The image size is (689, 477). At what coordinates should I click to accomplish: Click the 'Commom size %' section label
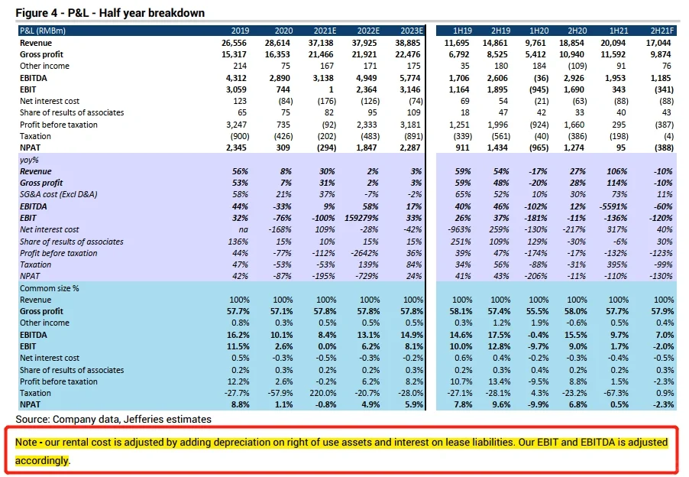click(x=50, y=288)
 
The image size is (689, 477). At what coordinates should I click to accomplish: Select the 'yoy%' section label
click(x=29, y=160)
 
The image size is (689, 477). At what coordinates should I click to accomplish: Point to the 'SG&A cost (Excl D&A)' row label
click(x=60, y=195)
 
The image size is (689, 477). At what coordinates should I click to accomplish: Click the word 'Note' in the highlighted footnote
click(x=29, y=443)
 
